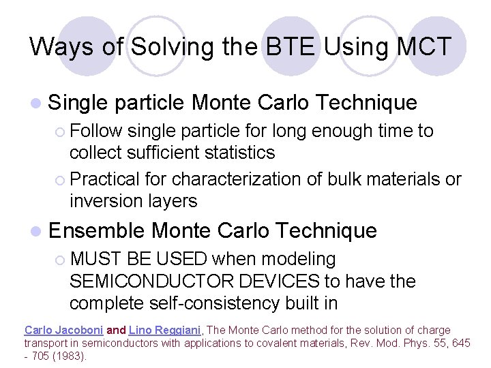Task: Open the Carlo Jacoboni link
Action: pyautogui.click(x=63, y=331)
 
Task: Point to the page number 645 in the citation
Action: pyautogui.click(x=462, y=343)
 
